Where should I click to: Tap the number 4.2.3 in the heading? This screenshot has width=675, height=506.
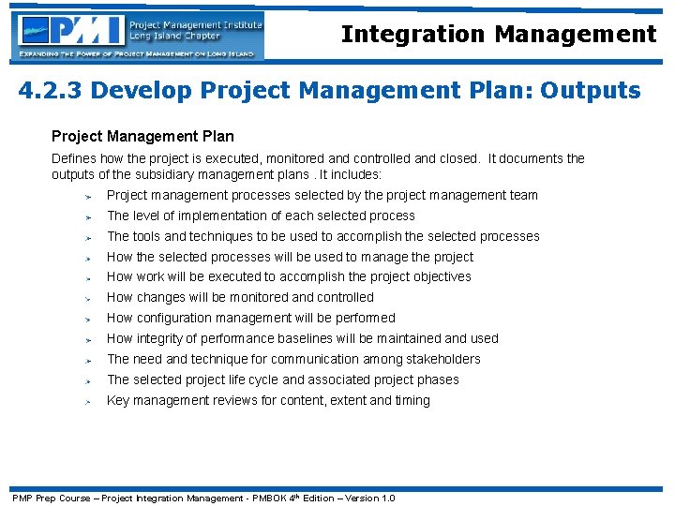click(51, 91)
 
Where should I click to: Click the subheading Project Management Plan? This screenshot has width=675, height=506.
click(142, 137)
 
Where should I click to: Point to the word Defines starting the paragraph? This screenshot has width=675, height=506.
click(73, 159)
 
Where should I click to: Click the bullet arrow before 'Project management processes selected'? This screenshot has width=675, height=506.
click(85, 197)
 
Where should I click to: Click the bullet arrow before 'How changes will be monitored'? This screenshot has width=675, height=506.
click(85, 298)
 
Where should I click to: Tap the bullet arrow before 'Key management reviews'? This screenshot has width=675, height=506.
click(85, 401)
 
